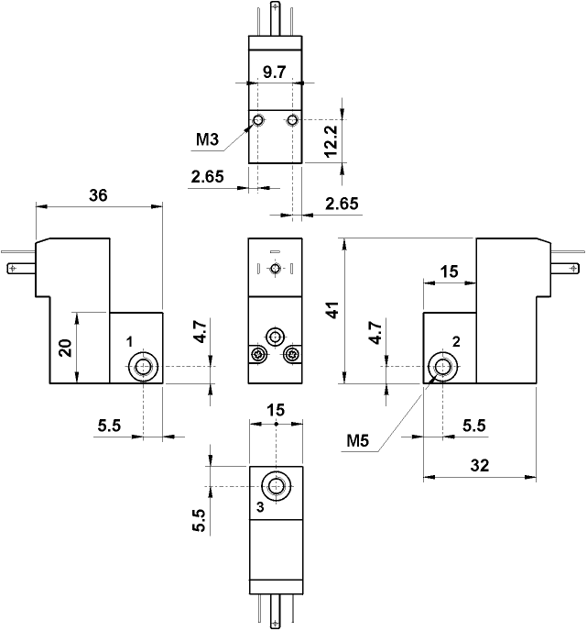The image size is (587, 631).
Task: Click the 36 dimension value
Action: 98,194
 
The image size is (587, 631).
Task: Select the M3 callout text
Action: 209,140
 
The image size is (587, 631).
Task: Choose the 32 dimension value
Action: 478,465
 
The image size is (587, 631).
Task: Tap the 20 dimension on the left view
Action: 65,349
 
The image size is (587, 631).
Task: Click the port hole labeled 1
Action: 142,369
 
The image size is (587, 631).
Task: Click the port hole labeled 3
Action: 276,486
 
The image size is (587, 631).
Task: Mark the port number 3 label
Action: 260,506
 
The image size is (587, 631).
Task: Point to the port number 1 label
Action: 130,340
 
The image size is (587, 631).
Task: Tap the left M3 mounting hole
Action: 259,121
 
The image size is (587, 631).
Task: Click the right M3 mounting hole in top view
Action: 292,121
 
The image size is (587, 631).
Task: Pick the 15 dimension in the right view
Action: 449,271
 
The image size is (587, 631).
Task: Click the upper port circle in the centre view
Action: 275,336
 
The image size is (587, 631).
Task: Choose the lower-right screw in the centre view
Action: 292,354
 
